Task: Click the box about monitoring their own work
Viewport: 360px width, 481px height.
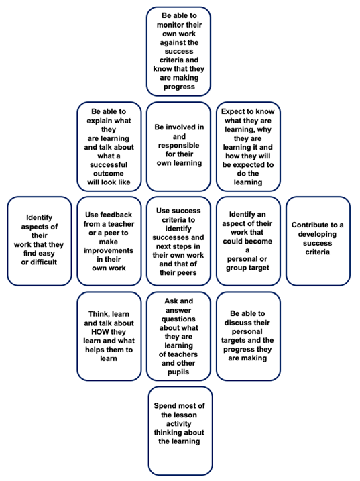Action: point(178,51)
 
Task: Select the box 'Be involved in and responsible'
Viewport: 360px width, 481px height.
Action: point(178,147)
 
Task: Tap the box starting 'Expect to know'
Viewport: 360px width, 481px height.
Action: point(248,147)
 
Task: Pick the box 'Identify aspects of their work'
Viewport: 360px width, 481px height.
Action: point(40,241)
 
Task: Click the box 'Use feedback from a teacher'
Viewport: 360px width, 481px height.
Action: point(109,241)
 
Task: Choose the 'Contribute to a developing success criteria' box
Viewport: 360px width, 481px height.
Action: point(318,241)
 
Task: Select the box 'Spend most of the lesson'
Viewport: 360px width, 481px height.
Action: point(180,431)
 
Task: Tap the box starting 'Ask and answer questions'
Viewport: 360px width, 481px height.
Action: point(178,336)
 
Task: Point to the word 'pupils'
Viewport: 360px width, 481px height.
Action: point(178,372)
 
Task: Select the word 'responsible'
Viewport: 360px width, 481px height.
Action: point(178,146)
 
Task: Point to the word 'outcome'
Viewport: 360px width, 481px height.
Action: point(109,174)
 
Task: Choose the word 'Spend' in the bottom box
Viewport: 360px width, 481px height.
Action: point(164,406)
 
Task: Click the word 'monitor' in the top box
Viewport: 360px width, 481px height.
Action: point(169,25)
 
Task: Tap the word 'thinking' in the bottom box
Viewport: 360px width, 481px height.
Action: point(167,433)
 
